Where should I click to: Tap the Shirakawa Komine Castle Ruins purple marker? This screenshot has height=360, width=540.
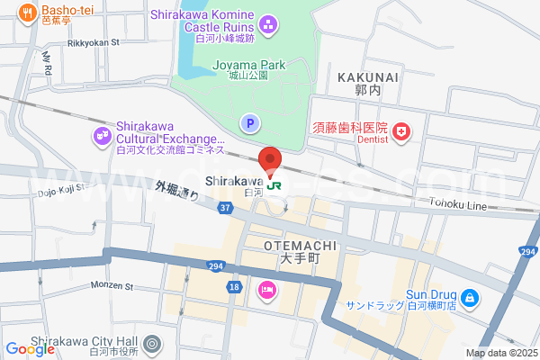pyautogui.click(x=267, y=22)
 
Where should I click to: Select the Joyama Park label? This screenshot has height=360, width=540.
pyautogui.click(x=248, y=65)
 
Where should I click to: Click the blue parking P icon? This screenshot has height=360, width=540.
pyautogui.click(x=249, y=122)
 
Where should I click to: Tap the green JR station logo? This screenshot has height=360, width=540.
pyautogui.click(x=274, y=185)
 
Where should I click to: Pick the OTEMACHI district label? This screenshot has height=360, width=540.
pyautogui.click(x=301, y=245)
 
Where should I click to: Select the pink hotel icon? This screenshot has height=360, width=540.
pyautogui.click(x=267, y=290)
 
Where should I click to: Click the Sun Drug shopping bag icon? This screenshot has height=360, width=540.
pyautogui.click(x=469, y=297)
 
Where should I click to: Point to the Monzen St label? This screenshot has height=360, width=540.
pyautogui.click(x=111, y=285)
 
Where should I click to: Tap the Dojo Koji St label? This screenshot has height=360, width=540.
pyautogui.click(x=60, y=191)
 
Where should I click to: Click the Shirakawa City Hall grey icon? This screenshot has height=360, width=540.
pyautogui.click(x=152, y=343)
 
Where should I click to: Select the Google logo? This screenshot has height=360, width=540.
pyautogui.click(x=30, y=349)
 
